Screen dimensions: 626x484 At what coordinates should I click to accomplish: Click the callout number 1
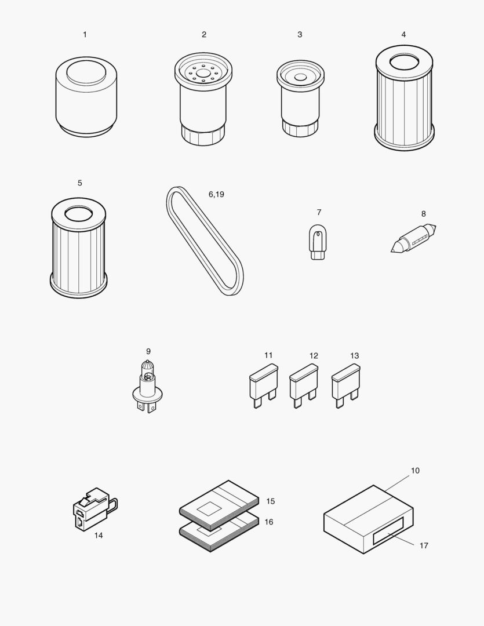(x=85, y=35)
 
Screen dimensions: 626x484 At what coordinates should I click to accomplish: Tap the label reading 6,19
(x=216, y=195)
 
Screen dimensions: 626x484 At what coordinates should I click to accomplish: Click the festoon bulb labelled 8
(x=413, y=238)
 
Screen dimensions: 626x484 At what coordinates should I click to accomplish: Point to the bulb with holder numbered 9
(x=148, y=386)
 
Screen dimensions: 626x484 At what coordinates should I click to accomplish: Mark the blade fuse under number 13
(x=345, y=385)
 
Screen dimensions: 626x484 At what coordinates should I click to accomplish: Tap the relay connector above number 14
(x=92, y=508)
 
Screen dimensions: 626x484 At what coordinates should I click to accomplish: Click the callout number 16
(x=268, y=522)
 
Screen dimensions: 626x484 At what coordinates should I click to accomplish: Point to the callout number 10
(x=415, y=471)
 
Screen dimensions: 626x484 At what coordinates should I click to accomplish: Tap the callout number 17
(x=424, y=545)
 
